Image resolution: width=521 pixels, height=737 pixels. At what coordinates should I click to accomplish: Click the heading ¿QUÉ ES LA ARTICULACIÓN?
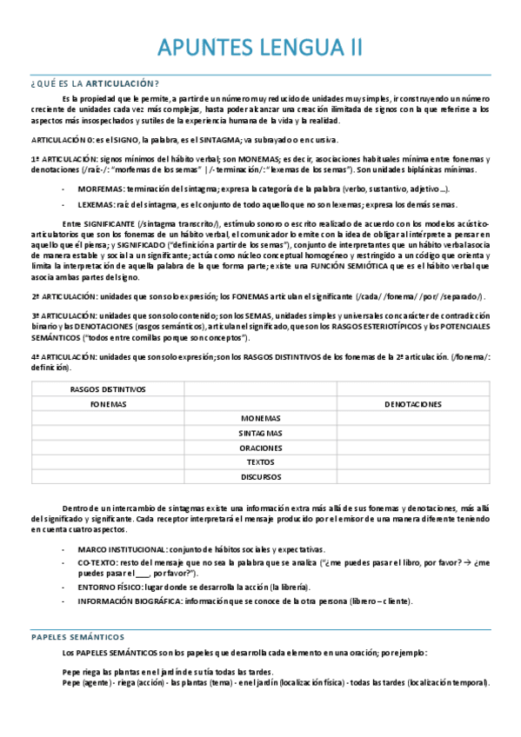95,83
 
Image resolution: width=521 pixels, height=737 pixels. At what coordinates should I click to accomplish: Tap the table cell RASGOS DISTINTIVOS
108,389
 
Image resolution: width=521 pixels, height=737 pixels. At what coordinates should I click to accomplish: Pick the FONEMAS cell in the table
108,404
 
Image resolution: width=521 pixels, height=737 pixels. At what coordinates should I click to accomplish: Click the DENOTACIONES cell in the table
412,404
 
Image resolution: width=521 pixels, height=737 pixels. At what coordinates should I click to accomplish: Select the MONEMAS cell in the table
261,418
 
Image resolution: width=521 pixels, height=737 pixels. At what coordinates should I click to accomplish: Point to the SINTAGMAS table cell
261,433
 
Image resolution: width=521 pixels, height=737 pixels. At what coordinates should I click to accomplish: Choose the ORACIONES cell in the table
261,448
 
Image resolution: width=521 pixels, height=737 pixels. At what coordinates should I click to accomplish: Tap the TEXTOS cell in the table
261,462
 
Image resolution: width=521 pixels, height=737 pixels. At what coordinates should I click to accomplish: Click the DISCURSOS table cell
261,476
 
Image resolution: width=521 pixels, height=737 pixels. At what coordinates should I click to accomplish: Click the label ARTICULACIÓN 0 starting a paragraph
62,140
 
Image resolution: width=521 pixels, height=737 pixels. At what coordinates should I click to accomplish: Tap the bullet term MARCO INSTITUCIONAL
122,549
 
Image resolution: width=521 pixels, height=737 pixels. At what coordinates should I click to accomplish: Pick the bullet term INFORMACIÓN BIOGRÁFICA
127,601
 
